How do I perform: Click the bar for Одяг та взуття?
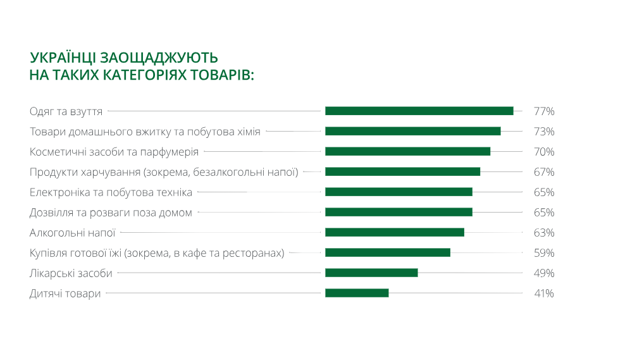tap(419, 111)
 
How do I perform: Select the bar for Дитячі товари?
tap(357, 293)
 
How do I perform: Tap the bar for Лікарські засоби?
tap(371, 273)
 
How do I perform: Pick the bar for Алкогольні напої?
tap(395, 232)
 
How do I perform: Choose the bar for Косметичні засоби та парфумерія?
tap(407, 151)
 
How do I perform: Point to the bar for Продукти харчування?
tap(402, 171)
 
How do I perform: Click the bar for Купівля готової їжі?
tap(388, 252)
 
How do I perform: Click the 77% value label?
tap(544, 111)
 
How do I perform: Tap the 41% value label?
tap(544, 294)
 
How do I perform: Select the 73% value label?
tap(544, 132)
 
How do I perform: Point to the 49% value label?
tap(544, 273)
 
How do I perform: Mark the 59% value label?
tap(544, 253)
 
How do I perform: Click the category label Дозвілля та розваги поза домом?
tap(111, 213)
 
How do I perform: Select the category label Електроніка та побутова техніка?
tap(111, 192)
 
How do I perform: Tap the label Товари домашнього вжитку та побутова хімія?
tap(145, 132)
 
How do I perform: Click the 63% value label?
tap(544, 233)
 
